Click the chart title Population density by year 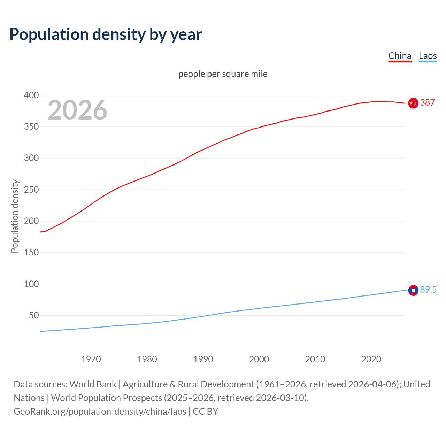coord(106,34)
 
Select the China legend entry coord(400,56)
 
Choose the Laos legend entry coord(428,56)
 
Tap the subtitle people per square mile coord(223,74)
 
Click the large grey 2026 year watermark coord(77,110)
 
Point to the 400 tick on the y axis coord(31,95)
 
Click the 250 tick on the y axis coord(31,190)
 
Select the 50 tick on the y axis coord(34,316)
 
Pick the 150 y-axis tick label coord(31,253)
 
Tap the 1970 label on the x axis coord(91,359)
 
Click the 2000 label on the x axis coord(259,359)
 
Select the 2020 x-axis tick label coord(371,359)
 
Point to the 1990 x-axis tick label coord(203,359)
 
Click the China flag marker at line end coord(413,103)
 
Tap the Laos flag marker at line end coord(413,290)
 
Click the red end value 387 coord(428,102)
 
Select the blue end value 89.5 coord(428,290)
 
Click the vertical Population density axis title coord(15,216)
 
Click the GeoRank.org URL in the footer coord(100,412)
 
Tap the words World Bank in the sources coord(93,384)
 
